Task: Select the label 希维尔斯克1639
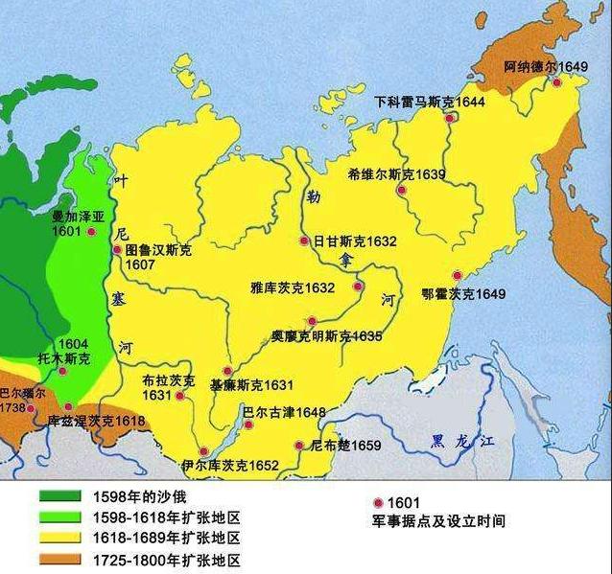point(383,174)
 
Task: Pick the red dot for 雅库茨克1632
point(358,286)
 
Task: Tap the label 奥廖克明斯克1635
point(325,336)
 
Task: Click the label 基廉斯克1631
point(250,385)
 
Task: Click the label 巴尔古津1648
point(283,413)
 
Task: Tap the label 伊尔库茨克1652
point(229,466)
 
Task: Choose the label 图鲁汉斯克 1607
point(157,257)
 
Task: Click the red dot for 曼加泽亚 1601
point(91,232)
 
